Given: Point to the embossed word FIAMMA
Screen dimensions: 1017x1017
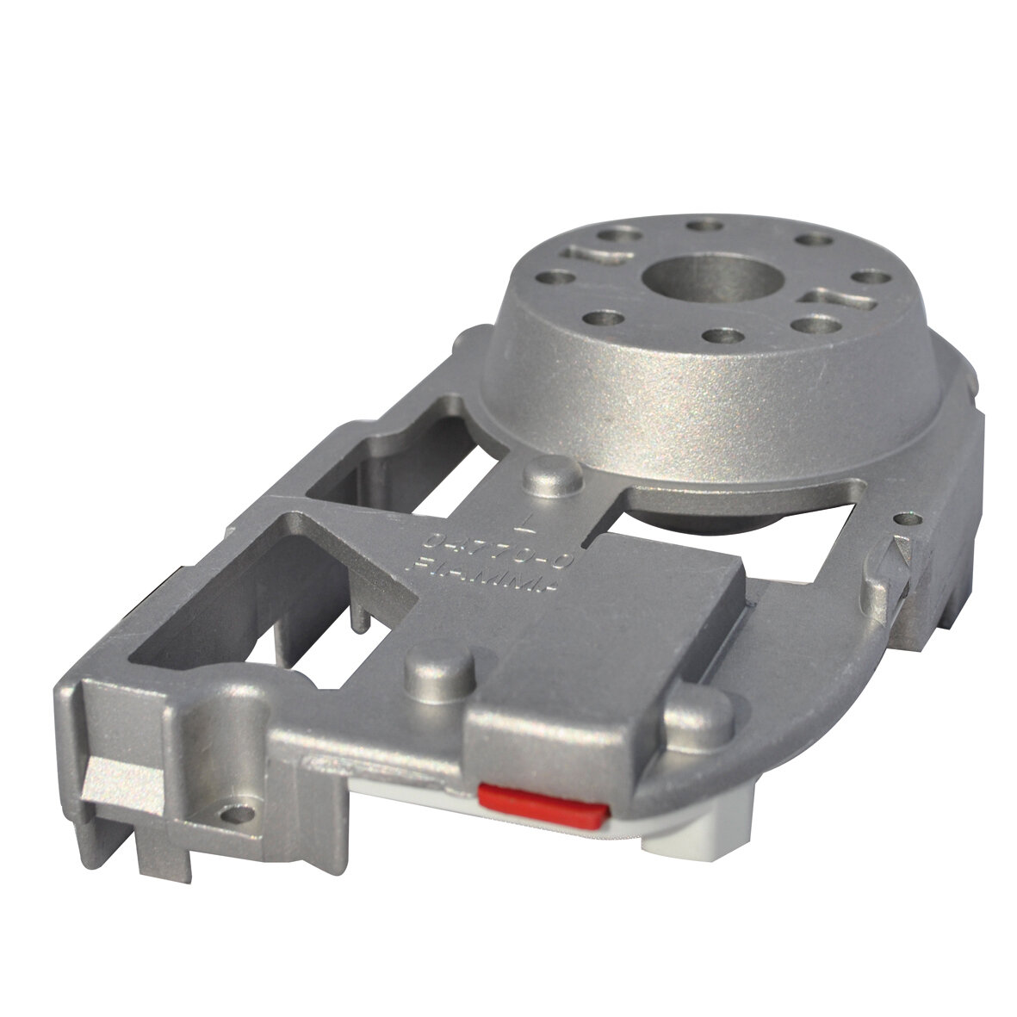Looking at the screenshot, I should point(491,570).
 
